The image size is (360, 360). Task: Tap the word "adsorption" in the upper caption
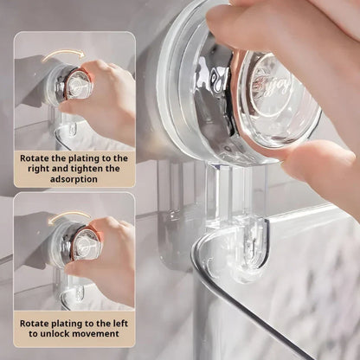click(x=74, y=180)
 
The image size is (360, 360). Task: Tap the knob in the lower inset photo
click(x=80, y=244)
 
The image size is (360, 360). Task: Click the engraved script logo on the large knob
click(x=270, y=87)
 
